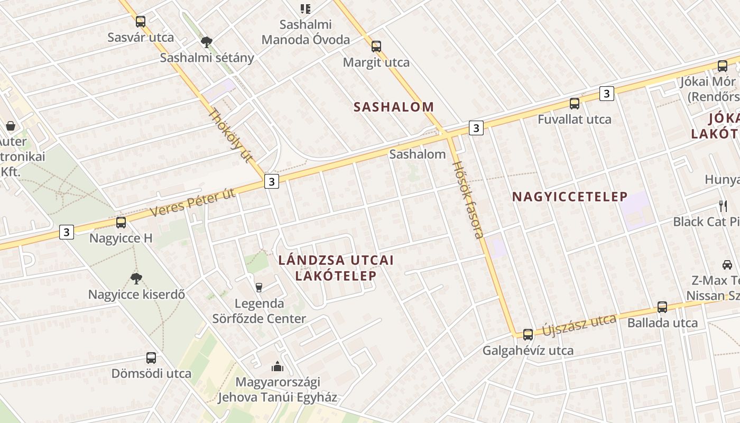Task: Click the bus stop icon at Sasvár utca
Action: pyautogui.click(x=140, y=22)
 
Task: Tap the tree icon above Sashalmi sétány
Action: pyautogui.click(x=207, y=42)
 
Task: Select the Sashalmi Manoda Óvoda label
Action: pyautogui.click(x=306, y=32)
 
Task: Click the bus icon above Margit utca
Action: pyautogui.click(x=376, y=46)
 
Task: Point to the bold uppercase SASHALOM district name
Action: pyautogui.click(x=394, y=107)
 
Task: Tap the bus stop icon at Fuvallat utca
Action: pyautogui.click(x=575, y=104)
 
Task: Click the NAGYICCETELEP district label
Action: pyautogui.click(x=570, y=197)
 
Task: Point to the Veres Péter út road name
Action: pyautogui.click(x=193, y=203)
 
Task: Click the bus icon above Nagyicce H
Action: pyautogui.click(x=121, y=223)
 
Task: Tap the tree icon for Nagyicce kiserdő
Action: pyautogui.click(x=136, y=278)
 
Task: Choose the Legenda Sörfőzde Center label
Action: pyautogui.click(x=259, y=311)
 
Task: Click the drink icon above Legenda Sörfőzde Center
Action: pyautogui.click(x=258, y=287)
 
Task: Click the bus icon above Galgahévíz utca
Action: pyautogui.click(x=528, y=334)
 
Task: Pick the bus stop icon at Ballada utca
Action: pyautogui.click(x=662, y=307)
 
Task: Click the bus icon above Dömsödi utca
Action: pyautogui.click(x=151, y=358)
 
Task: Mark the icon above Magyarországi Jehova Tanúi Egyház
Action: pyautogui.click(x=277, y=366)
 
